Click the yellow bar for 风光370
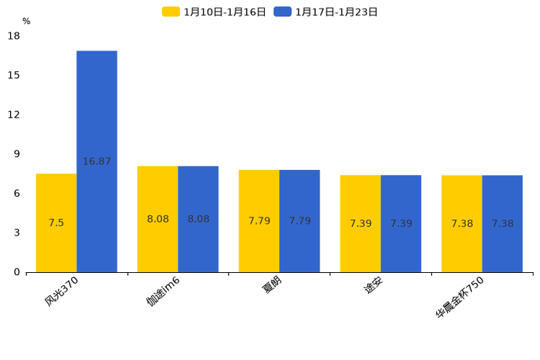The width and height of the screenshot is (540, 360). [x=56, y=223]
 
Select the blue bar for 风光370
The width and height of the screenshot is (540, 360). [x=97, y=161]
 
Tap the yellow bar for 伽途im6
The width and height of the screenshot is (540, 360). [x=157, y=219]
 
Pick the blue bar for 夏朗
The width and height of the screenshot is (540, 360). [x=300, y=221]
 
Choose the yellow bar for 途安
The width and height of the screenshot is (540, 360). [x=361, y=224]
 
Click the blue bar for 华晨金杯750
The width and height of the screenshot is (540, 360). [x=502, y=224]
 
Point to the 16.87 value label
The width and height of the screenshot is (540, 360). [x=97, y=161]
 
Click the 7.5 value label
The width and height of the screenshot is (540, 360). [x=56, y=223]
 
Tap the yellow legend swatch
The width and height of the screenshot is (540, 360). [x=171, y=12]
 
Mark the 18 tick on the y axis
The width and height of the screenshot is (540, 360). [x=13, y=36]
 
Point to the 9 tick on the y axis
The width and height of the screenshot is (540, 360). [x=17, y=154]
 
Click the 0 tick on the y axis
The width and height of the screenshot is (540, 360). [x=17, y=272]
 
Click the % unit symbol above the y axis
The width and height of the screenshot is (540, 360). [x=26, y=21]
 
